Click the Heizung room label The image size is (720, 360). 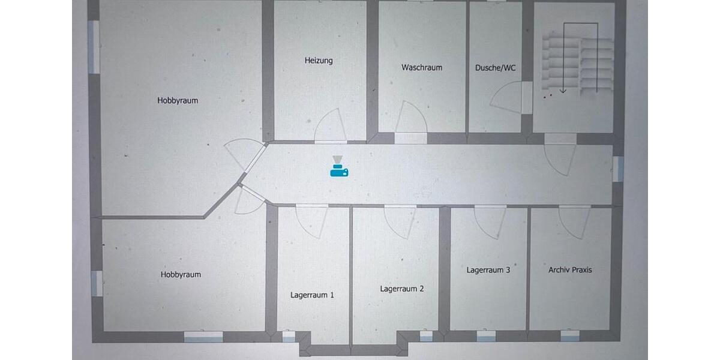click(319, 61)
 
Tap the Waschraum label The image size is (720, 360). click(422, 67)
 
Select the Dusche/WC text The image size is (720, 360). click(495, 68)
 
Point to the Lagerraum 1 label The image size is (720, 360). click(312, 295)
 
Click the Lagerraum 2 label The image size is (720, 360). click(402, 289)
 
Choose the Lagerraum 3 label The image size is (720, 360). click(488, 269)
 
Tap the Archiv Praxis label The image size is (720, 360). click(570, 269)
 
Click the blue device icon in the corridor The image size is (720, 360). click(339, 167)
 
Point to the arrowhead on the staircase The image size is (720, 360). click(563, 91)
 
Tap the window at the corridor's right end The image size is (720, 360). click(618, 169)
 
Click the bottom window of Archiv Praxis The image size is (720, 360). click(570, 336)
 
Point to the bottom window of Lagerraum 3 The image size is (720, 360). click(486, 336)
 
